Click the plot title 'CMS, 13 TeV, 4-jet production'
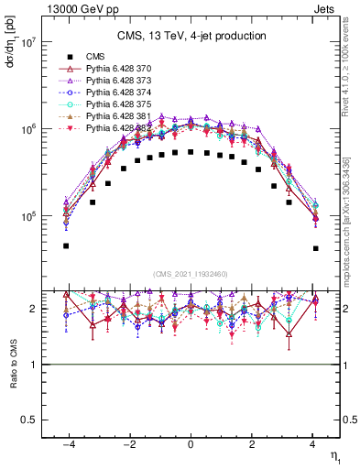(x=191, y=36)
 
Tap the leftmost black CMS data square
(x=66, y=245)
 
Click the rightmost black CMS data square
(x=315, y=248)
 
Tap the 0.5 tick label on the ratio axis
(x=28, y=420)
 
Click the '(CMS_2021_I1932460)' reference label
(x=191, y=274)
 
